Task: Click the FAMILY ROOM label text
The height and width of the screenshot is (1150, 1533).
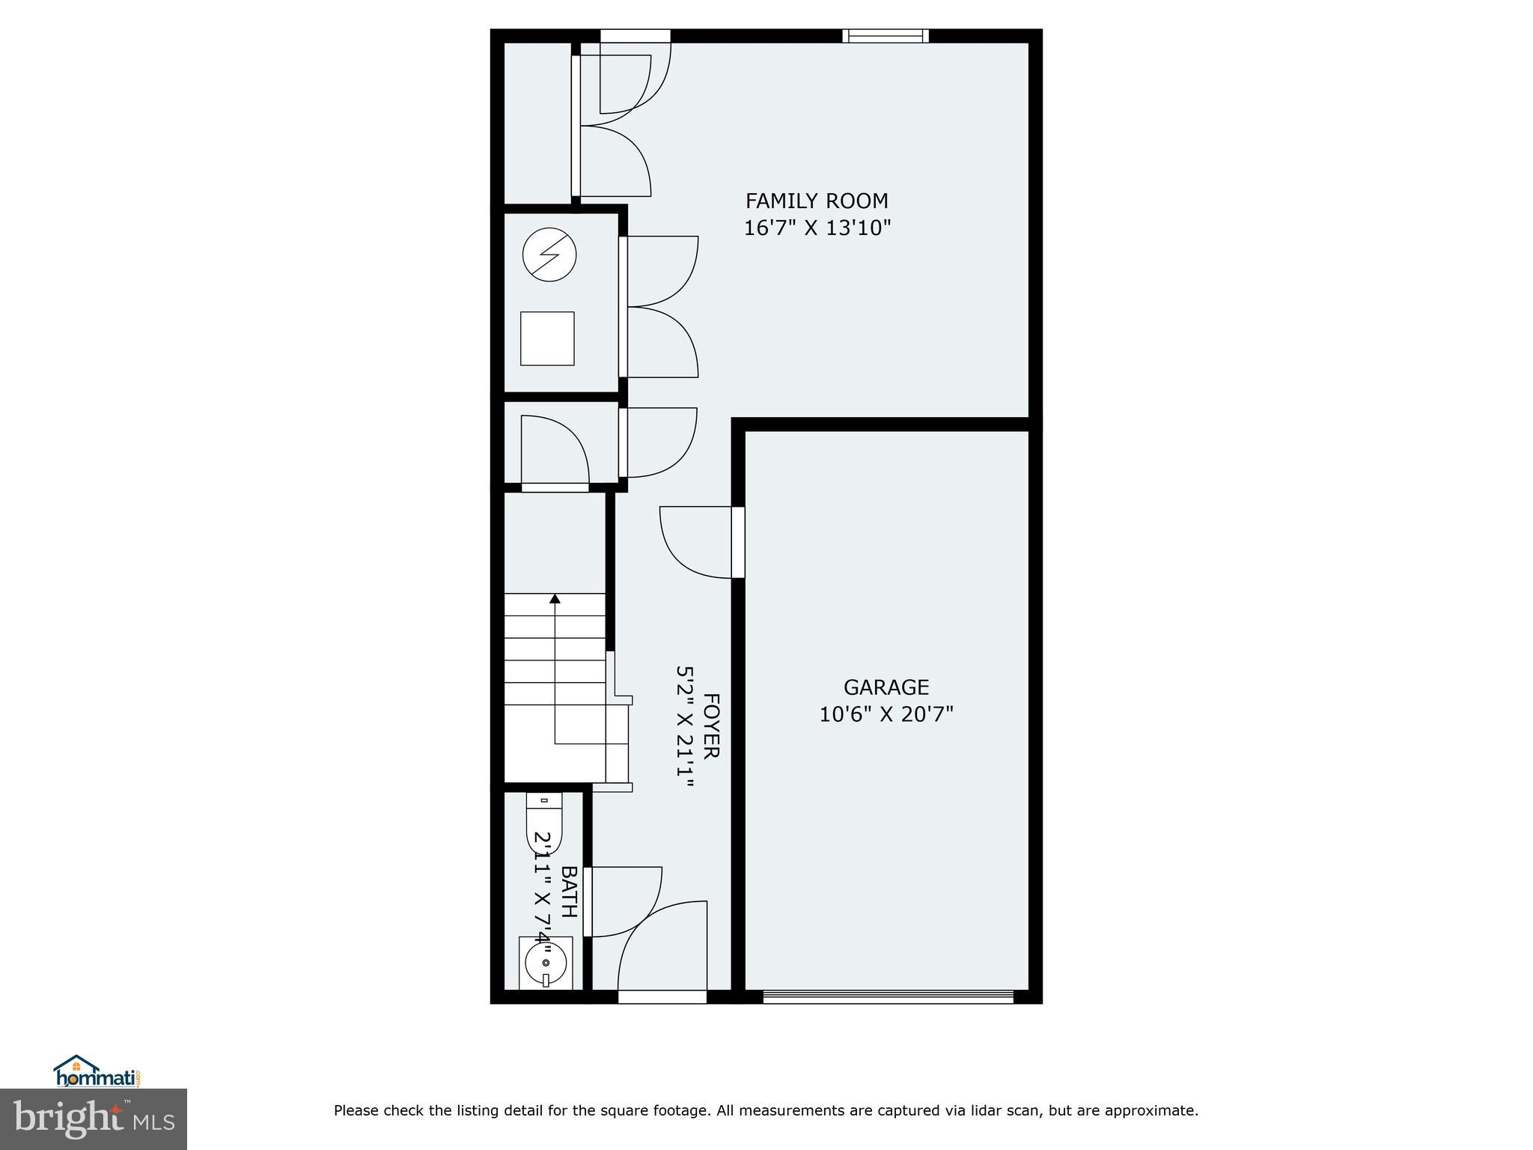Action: point(817,201)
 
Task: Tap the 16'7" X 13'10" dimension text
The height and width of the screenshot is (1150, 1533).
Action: point(817,228)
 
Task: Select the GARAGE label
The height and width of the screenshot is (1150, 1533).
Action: point(886,687)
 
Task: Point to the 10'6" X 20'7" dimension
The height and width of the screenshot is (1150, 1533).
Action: point(886,714)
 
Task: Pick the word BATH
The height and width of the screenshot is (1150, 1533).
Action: point(569,892)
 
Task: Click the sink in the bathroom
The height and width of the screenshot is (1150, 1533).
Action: point(545,963)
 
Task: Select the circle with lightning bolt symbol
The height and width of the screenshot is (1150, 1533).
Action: point(549,255)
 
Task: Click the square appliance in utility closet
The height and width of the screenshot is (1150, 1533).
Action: point(547,338)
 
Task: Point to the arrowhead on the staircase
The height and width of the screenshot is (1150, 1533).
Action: point(555,598)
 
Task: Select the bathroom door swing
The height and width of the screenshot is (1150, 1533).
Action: point(623,901)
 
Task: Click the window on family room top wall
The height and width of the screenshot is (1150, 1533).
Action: point(885,36)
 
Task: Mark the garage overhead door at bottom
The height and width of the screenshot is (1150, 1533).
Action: point(888,997)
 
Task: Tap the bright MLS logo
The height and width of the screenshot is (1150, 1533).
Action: point(94,1119)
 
